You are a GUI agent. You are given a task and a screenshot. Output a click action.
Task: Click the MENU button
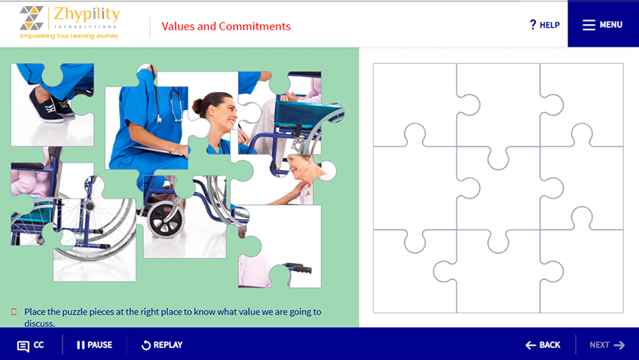[603, 24]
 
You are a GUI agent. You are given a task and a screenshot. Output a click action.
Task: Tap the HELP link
[545, 25]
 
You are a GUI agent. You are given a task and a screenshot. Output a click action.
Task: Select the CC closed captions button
[31, 346]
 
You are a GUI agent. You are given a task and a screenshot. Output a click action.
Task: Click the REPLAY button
[162, 345]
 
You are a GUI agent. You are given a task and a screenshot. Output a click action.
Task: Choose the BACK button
[543, 345]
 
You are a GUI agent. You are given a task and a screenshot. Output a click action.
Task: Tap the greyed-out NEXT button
[607, 345]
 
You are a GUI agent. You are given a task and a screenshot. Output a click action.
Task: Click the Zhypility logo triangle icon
[32, 18]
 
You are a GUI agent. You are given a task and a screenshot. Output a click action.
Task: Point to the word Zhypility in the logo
[87, 14]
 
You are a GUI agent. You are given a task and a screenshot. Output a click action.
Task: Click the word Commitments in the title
[255, 26]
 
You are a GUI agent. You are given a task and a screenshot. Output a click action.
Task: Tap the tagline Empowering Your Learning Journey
[69, 36]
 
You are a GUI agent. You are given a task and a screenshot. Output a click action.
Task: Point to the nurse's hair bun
[197, 106]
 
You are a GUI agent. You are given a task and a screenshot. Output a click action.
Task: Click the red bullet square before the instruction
[14, 312]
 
